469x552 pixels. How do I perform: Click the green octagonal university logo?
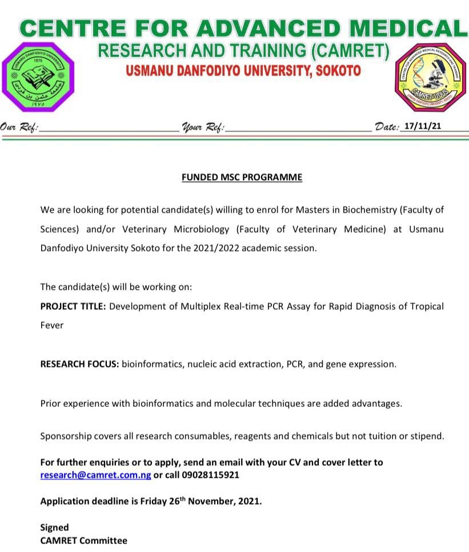38,77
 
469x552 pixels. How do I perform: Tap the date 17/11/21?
422,126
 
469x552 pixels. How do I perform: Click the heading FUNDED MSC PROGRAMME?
242,177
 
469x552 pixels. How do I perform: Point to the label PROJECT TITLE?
73,306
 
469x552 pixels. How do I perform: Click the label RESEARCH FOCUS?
79,364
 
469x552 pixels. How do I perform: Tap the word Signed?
54,527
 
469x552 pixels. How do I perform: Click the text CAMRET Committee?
83,540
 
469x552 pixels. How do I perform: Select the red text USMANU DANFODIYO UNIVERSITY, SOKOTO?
243,71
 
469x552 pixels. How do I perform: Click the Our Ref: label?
19,127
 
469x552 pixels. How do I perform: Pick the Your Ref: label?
203,127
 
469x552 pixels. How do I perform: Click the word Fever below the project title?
51,325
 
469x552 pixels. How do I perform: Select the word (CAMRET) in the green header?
350,51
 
